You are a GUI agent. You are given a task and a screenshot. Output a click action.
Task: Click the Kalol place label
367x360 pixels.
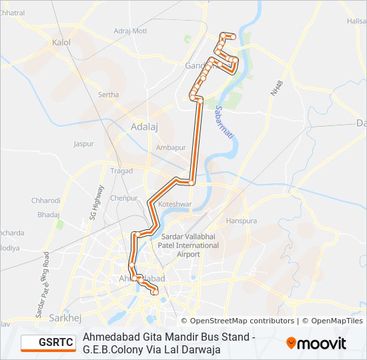(61, 42)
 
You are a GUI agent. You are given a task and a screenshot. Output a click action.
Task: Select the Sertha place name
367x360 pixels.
(108, 95)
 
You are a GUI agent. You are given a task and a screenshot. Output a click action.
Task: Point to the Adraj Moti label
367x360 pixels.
(130, 31)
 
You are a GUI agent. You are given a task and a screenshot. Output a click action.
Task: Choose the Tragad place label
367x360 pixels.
(121, 171)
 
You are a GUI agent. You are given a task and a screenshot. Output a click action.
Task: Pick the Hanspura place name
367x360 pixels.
(242, 220)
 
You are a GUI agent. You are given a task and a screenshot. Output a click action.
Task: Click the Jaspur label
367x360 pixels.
(84, 143)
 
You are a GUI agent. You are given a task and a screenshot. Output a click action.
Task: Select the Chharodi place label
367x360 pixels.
(46, 201)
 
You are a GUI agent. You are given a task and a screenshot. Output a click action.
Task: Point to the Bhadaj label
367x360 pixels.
(48, 215)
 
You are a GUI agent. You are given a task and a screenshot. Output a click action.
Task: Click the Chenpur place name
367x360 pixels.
(123, 198)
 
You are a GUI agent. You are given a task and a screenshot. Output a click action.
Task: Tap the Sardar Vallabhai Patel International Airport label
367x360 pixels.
(190, 245)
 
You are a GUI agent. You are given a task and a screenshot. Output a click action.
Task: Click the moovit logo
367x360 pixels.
(316, 343)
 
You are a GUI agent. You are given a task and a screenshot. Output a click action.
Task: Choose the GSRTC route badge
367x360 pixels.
(47, 343)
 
